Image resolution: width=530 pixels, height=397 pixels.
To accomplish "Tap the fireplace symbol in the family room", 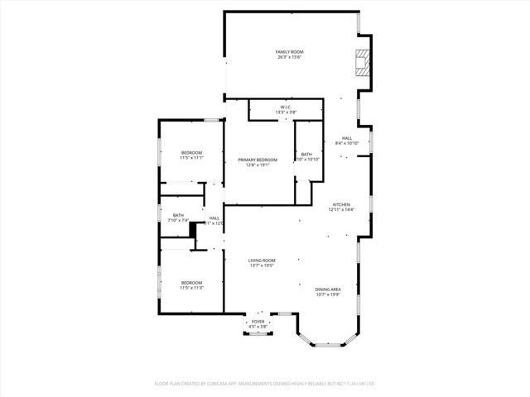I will pos(361,62).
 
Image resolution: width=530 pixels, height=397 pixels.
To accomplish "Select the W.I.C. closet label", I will pos(285,107).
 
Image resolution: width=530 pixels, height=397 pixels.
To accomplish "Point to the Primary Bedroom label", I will pos(258,160).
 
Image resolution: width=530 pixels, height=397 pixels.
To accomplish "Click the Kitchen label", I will pos(341,204).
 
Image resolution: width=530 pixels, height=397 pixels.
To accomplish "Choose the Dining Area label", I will pos(328,289).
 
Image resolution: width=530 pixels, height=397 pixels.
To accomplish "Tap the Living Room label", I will pos(262,260).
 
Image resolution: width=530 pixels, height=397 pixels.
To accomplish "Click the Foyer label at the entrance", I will pos(258,321).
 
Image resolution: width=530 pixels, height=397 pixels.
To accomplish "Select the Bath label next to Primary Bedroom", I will pos(306,154).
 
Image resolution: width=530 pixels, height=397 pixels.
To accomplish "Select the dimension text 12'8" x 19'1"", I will pos(258,165).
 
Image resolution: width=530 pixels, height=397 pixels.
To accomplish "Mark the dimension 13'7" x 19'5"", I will pos(262,265).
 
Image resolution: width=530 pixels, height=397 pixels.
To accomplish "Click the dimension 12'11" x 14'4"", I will pos(341,210).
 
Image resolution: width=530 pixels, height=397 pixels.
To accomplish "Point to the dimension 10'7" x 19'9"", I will pos(328,294).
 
